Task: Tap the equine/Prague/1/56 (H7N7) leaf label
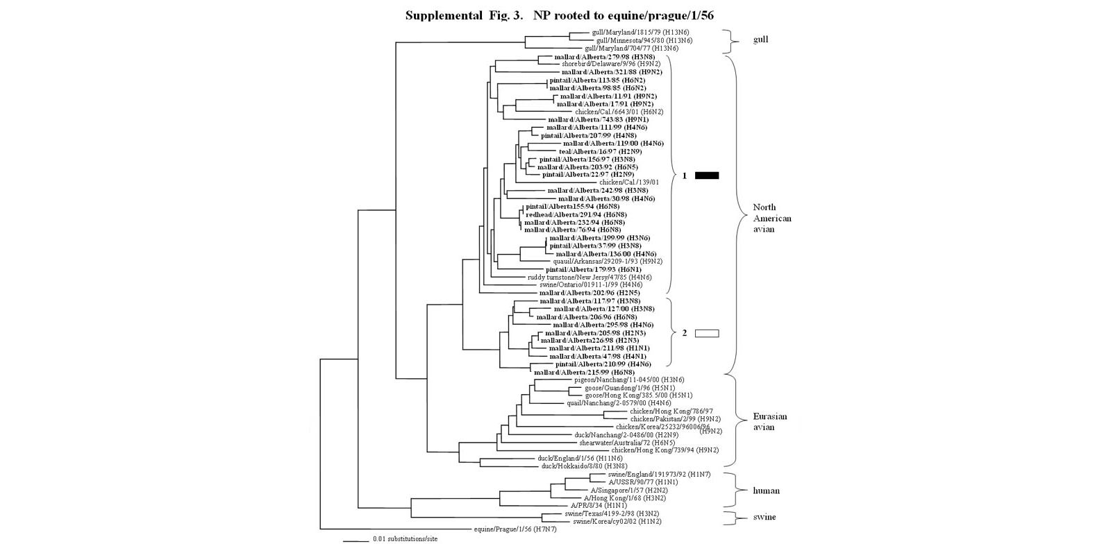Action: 512,529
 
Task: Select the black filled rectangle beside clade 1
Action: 707,176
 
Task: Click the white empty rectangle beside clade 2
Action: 707,334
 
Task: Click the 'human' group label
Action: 766,490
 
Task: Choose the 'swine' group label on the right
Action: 765,517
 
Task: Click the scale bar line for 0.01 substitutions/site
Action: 355,539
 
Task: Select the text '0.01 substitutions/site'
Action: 406,539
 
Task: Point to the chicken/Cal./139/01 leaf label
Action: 629,182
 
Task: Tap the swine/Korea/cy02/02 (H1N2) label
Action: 617,521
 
